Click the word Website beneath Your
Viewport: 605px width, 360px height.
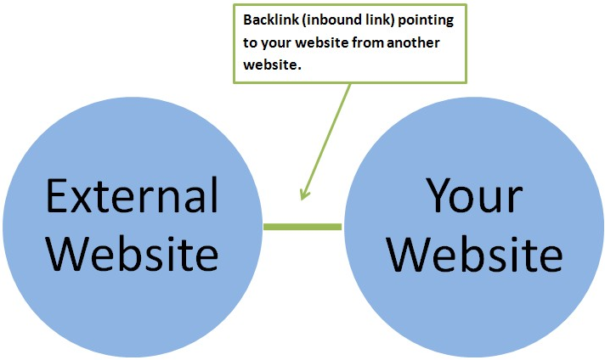pos(480,253)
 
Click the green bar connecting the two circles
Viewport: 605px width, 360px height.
pos(302,227)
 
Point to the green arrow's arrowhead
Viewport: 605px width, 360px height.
pos(302,195)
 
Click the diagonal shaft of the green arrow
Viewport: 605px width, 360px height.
pos(327,136)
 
